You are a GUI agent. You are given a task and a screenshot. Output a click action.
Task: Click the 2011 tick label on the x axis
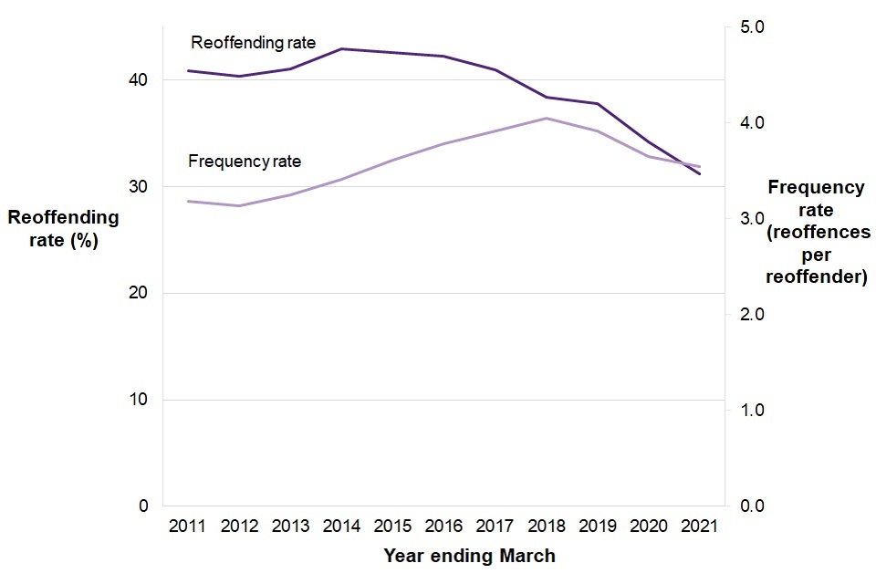(187, 527)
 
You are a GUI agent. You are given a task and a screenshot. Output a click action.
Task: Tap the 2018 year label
(546, 527)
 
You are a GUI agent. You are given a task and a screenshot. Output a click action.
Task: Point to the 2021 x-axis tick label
(700, 527)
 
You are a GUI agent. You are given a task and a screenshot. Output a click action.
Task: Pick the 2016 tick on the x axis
(443, 527)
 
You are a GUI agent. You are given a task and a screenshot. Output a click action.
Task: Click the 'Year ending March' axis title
(469, 556)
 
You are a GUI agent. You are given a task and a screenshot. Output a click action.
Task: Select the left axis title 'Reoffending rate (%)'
(63, 229)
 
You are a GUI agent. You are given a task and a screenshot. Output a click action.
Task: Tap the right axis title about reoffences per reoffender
(816, 232)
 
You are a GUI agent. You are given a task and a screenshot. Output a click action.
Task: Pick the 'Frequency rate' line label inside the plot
(245, 162)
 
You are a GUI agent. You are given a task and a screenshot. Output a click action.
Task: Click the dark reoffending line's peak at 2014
(340, 48)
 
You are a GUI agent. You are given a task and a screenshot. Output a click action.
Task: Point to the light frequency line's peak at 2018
(546, 118)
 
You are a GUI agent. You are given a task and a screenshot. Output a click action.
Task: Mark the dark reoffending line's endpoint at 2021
(700, 173)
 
